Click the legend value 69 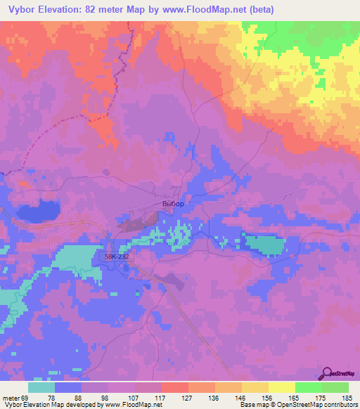[x=26, y=399]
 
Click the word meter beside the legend [x=11, y=399]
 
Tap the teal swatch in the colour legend [x=41, y=387]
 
